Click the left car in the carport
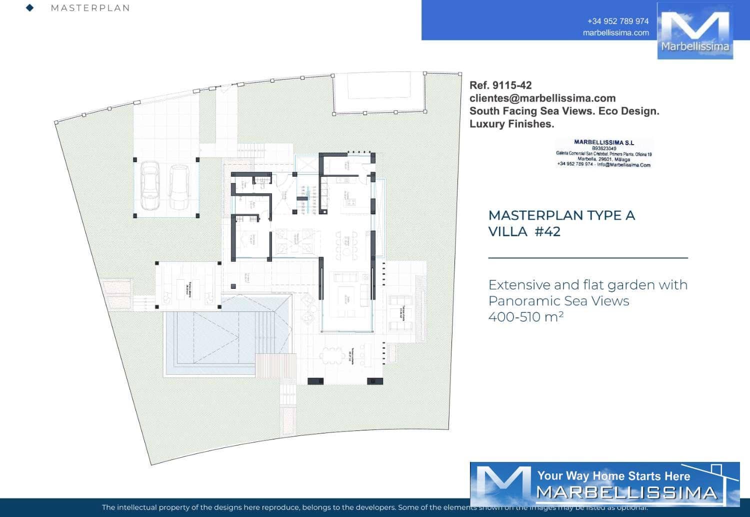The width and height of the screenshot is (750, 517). coord(149,186)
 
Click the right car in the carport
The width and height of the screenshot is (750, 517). coord(178,187)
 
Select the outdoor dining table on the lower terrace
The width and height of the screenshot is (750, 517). coord(330,355)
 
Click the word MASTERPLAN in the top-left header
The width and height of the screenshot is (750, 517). coord(90,8)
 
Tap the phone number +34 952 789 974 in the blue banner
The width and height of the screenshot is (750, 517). coord(618,21)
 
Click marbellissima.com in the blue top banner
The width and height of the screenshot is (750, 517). coord(616,33)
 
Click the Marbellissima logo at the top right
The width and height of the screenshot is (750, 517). coord(694,31)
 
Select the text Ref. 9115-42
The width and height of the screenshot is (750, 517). coord(500,86)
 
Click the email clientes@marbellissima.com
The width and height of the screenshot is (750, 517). coord(542,98)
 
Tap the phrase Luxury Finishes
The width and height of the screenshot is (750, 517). coord(511,124)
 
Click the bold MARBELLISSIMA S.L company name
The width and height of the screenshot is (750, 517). coord(603,143)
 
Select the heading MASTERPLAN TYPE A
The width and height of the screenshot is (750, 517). coord(561,216)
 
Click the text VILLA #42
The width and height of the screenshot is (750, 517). coord(524,232)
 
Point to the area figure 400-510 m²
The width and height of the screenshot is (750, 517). coord(526,317)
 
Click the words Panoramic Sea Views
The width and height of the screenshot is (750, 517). coord(558,301)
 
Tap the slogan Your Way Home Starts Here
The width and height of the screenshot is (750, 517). coord(613,476)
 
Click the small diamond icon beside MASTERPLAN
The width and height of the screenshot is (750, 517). coord(30,8)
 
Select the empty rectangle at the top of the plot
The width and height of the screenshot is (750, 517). coord(379,93)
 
